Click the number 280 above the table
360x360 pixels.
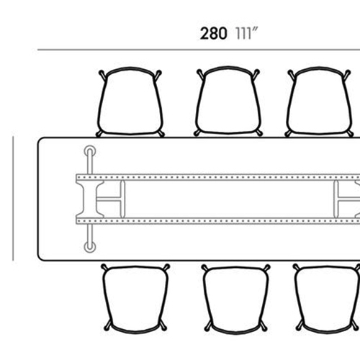point(213,33)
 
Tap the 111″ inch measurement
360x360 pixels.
point(246,33)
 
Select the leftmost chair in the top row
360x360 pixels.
point(130,102)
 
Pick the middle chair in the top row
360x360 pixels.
point(228,102)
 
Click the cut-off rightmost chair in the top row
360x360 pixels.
point(319,102)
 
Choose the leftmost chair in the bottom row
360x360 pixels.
point(135,299)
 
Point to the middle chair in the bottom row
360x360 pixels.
point(236,300)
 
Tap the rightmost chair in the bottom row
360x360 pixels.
point(327,299)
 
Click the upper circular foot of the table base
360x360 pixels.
point(90,151)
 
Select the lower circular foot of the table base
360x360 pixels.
point(90,247)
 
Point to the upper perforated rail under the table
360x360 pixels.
point(218,177)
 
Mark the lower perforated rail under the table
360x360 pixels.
point(218,221)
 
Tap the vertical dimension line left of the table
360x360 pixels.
point(13,199)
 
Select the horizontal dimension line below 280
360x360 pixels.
point(199,50)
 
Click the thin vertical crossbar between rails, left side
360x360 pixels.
point(122,199)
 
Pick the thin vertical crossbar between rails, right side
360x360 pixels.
point(336,199)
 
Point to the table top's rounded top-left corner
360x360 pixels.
point(40,140)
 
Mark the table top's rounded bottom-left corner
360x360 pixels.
point(40,258)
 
